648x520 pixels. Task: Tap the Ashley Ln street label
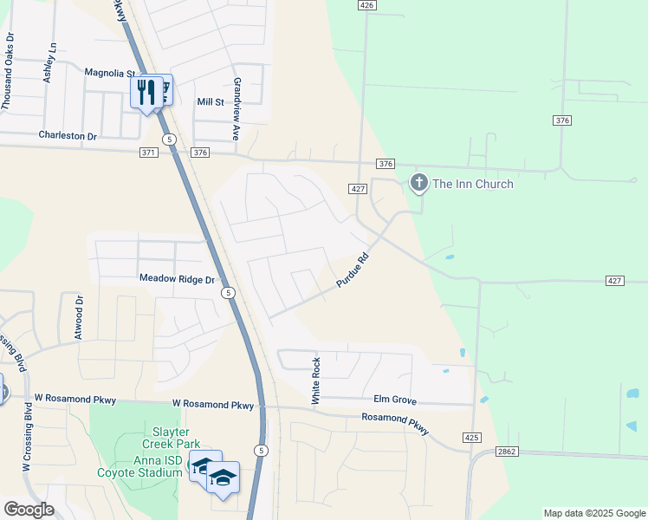pyautogui.click(x=49, y=62)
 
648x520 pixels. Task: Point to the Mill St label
pyautogui.click(x=211, y=102)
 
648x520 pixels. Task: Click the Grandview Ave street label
pyautogui.click(x=236, y=108)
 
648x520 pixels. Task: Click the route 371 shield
pyautogui.click(x=148, y=153)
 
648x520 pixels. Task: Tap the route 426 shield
pyautogui.click(x=367, y=5)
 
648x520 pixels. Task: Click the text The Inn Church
pyautogui.click(x=473, y=184)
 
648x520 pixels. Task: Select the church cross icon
pyautogui.click(x=418, y=183)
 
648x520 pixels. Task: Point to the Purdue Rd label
pyautogui.click(x=353, y=272)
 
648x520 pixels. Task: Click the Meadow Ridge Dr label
pyautogui.click(x=177, y=280)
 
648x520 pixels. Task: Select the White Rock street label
pyautogui.click(x=316, y=381)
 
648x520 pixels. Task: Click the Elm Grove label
pyautogui.click(x=395, y=401)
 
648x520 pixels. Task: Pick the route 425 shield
pyautogui.click(x=472, y=438)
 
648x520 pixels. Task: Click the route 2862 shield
pyautogui.click(x=507, y=452)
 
